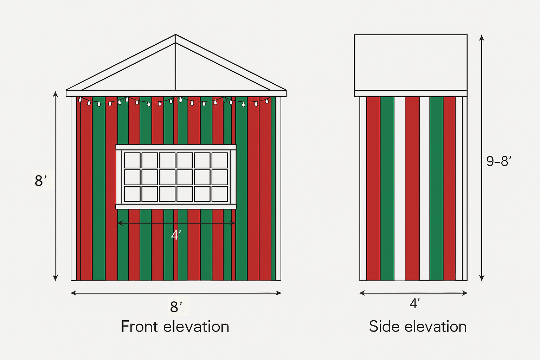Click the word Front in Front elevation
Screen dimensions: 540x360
click(x=139, y=327)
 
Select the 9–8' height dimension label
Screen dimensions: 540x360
click(x=499, y=161)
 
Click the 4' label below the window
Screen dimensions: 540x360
click(x=176, y=235)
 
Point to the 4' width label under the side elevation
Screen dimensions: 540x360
click(x=414, y=303)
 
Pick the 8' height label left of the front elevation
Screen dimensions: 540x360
click(x=40, y=181)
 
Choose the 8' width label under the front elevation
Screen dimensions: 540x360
click(x=176, y=307)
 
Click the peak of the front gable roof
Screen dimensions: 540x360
click(x=176, y=35)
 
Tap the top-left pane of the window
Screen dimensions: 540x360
click(x=132, y=160)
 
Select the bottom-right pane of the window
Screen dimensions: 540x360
click(x=220, y=194)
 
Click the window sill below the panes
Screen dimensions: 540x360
click(x=176, y=207)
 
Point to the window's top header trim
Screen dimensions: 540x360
click(x=176, y=147)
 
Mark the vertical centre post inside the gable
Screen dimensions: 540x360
click(x=175, y=67)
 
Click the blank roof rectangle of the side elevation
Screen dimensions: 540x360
click(x=411, y=62)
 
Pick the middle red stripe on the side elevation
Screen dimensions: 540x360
click(x=412, y=188)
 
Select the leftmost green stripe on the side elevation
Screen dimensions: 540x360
click(x=387, y=188)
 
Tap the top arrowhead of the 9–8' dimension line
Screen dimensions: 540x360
click(x=482, y=37)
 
